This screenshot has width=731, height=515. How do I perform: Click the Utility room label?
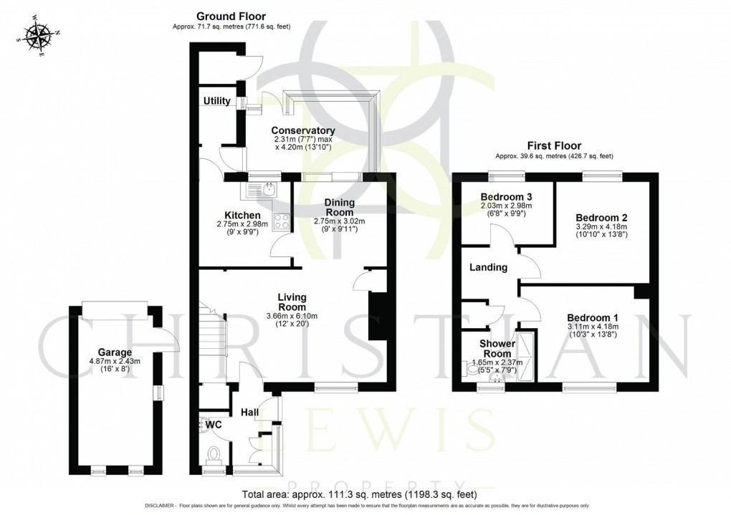(216, 101)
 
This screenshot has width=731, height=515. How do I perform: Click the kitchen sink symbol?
(262, 190)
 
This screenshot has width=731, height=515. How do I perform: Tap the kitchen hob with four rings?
(281, 221)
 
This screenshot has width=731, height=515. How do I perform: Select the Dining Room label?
(340, 207)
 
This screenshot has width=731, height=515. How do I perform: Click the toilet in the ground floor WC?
(214, 454)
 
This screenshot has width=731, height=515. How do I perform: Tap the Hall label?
(249, 412)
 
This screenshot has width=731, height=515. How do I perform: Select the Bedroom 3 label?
(506, 196)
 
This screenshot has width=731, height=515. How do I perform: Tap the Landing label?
(488, 267)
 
